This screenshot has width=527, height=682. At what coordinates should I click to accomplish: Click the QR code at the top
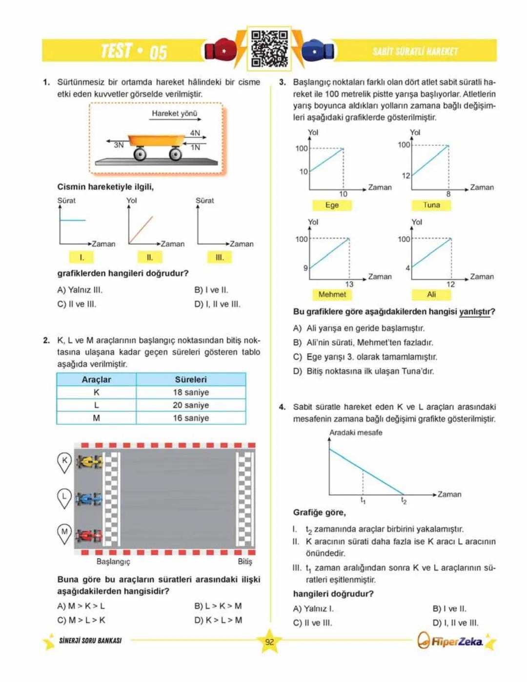tap(269, 48)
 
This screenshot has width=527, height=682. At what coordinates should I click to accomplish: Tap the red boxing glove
tap(220, 50)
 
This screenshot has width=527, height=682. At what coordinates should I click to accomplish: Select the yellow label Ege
tap(332, 205)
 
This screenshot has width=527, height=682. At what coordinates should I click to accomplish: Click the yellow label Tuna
tap(431, 205)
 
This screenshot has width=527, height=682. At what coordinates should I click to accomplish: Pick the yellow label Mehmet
tap(332, 294)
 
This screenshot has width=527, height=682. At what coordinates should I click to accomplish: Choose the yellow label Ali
tap(431, 294)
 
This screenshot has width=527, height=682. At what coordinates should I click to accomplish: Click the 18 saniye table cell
tap(191, 393)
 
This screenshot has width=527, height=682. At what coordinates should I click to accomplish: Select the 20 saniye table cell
tap(191, 405)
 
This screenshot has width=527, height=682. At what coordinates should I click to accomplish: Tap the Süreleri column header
tap(191, 379)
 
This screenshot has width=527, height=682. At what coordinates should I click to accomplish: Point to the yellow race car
tap(90, 461)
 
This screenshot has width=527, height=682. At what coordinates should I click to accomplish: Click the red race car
tap(89, 536)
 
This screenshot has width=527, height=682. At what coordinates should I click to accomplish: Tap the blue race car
tap(90, 499)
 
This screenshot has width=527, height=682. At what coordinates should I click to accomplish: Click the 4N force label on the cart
tap(195, 133)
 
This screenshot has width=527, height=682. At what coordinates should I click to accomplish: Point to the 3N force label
tap(119, 145)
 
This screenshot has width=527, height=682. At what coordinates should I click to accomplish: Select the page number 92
tap(269, 642)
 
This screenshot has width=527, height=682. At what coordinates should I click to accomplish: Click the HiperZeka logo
tap(451, 641)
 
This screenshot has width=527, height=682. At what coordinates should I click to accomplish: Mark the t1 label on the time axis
tap(363, 500)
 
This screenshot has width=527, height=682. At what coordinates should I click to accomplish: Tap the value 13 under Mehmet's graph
tap(349, 284)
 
